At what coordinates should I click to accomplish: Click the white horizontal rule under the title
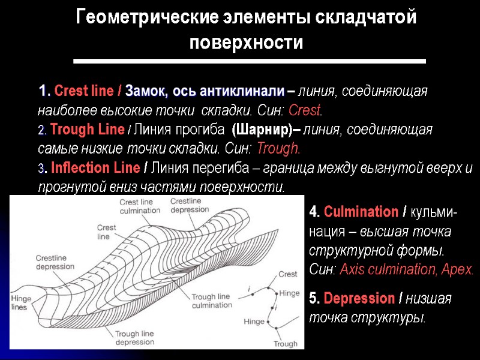click(x=249, y=61)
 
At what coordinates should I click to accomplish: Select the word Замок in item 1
click(x=146, y=92)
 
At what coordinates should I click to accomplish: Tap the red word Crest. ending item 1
click(x=305, y=111)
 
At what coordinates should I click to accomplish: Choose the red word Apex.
click(x=459, y=269)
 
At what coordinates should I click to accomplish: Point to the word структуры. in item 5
click(x=395, y=317)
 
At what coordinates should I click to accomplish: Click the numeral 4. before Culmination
click(x=314, y=212)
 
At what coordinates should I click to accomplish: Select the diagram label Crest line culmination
click(x=139, y=207)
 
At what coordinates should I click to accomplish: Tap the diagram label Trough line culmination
click(x=211, y=301)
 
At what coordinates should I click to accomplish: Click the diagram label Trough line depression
click(x=134, y=338)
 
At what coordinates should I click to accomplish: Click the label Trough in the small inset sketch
click(x=285, y=344)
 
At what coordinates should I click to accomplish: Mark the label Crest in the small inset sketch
click(x=288, y=274)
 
